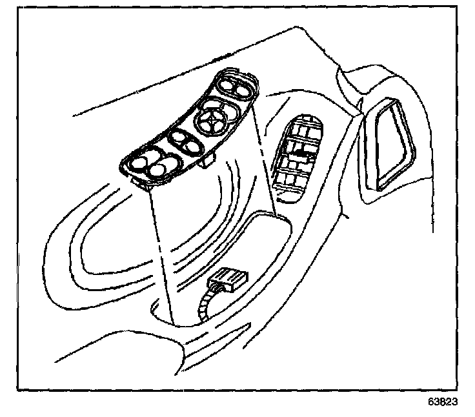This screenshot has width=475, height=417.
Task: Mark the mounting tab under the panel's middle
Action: point(207,160)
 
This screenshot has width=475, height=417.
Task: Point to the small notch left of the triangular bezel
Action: point(359,104)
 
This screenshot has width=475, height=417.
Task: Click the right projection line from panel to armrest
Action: point(266,161)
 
